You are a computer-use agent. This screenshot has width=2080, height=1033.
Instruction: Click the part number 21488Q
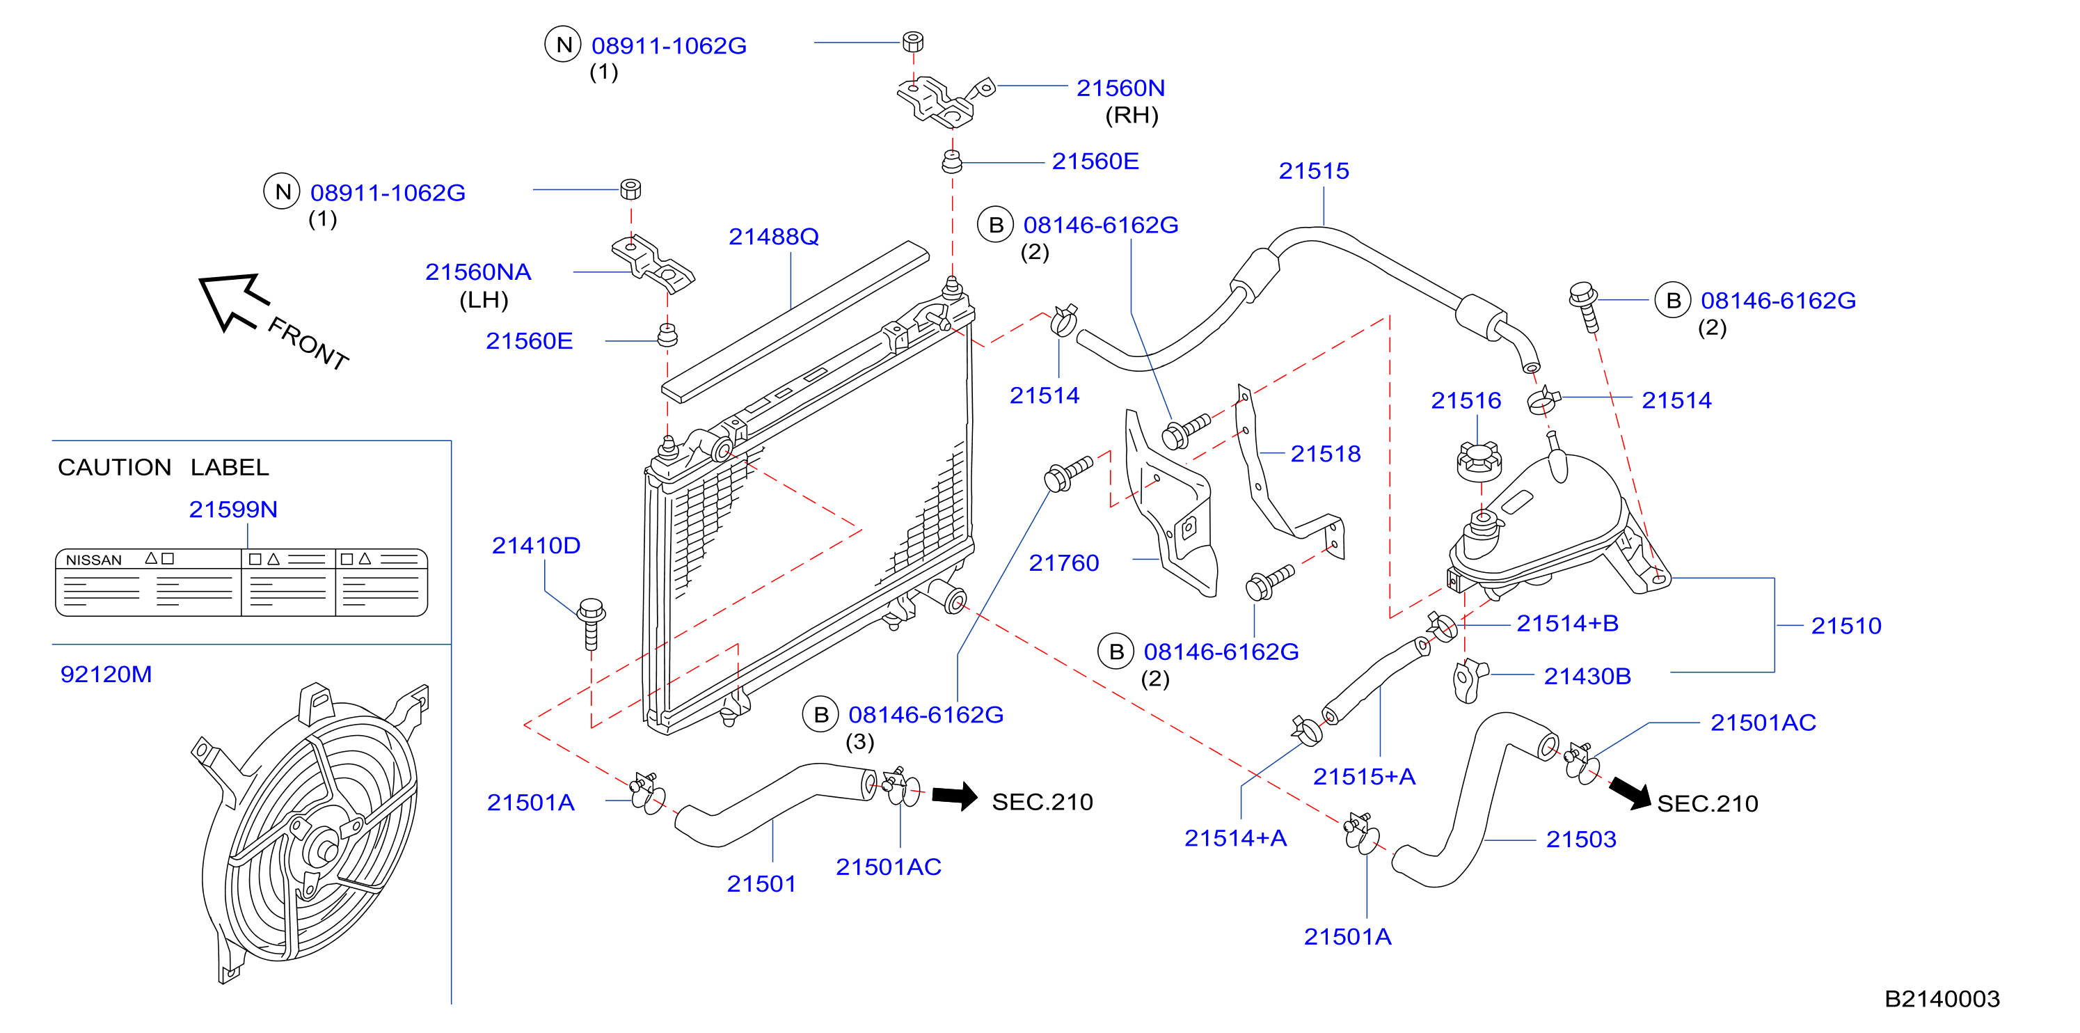click(774, 237)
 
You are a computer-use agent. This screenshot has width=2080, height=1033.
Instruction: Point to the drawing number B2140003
click(1942, 999)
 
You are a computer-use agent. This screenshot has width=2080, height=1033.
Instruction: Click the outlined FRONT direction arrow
click(232, 301)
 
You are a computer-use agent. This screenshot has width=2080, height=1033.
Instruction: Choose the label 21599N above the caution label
click(233, 510)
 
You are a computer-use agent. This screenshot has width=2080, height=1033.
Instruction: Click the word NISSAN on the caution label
click(94, 560)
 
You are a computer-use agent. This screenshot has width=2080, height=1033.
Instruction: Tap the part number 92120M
click(106, 675)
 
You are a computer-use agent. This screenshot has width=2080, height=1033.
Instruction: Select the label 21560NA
click(478, 272)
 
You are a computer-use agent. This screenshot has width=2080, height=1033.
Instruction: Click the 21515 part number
click(1314, 171)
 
